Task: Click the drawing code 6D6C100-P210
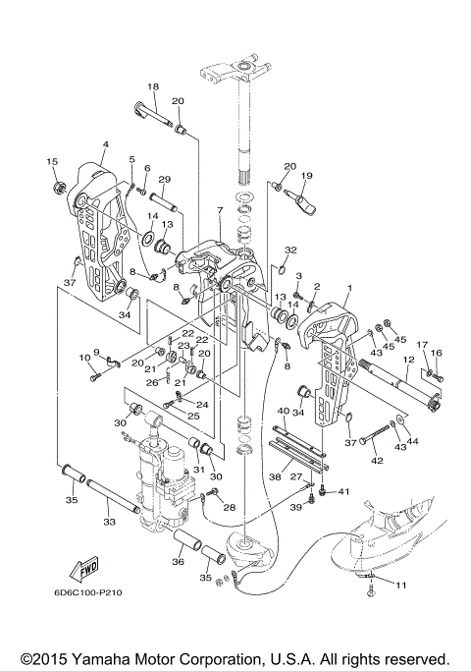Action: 88,592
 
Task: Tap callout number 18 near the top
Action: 153,86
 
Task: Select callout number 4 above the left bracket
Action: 106,144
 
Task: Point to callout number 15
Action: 52,162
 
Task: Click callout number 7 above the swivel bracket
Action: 220,210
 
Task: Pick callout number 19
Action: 307,175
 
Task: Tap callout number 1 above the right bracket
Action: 349,289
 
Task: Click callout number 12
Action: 408,360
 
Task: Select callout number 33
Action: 110,522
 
